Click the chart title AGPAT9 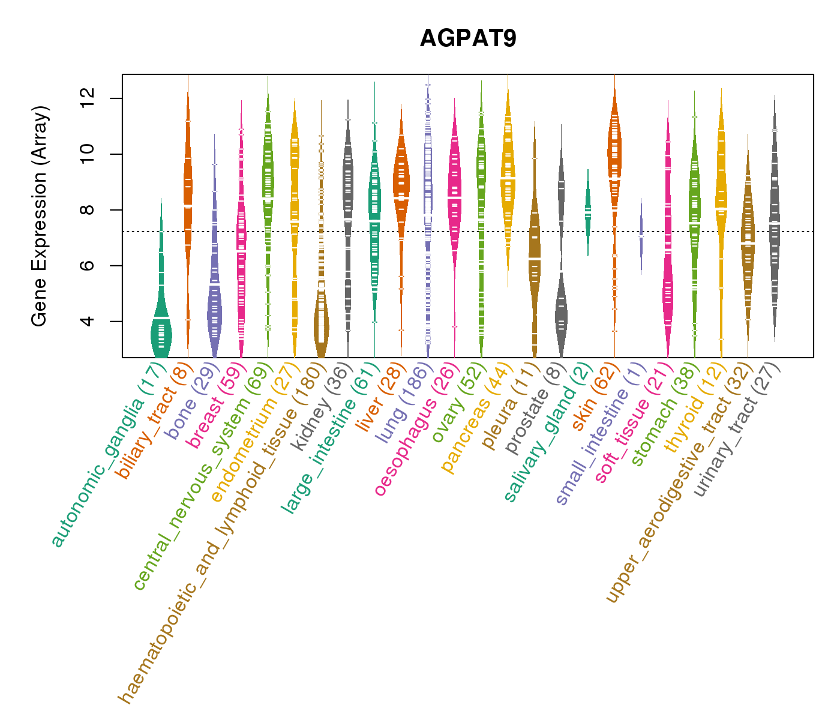[x=468, y=38]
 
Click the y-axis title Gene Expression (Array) [x=40, y=216]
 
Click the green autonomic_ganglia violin [x=161, y=330]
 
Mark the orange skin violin [x=614, y=150]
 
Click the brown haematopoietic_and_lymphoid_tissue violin [x=322, y=324]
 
